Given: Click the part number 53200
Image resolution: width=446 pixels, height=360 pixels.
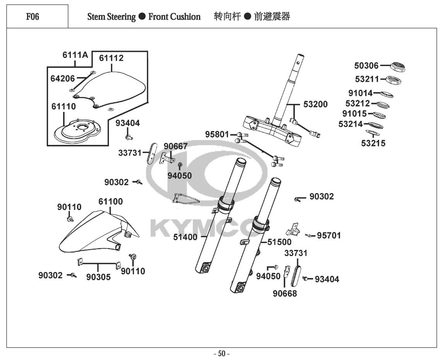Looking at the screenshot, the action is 315,104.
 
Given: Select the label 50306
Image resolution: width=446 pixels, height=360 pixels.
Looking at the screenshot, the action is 366,66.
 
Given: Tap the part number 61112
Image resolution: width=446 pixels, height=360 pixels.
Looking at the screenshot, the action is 111,58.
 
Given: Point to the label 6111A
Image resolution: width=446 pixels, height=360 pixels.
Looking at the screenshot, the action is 75,55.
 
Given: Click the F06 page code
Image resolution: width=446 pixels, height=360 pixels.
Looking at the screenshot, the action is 33,17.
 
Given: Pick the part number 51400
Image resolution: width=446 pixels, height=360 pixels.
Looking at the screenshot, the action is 185,237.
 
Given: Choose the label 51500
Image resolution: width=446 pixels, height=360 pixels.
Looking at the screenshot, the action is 279,242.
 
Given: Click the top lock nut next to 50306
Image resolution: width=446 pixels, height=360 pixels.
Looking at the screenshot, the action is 398,67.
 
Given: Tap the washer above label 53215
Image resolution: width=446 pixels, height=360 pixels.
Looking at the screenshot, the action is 373,133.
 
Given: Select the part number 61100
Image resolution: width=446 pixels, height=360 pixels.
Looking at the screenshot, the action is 111,202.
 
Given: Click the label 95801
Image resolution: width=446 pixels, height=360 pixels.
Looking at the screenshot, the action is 217,134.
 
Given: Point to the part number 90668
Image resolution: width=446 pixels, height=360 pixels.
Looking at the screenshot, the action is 285,294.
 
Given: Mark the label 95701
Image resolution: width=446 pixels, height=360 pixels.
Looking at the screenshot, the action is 329,236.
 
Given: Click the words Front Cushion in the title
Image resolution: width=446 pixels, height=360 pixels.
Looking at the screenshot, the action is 174,17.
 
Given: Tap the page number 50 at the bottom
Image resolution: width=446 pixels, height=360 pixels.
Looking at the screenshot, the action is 221,354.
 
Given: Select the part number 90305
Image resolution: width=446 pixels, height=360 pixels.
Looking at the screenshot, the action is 99,277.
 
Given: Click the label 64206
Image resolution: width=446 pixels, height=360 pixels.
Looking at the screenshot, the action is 63,78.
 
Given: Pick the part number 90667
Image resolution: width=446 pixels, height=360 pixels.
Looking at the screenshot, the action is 175,146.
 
